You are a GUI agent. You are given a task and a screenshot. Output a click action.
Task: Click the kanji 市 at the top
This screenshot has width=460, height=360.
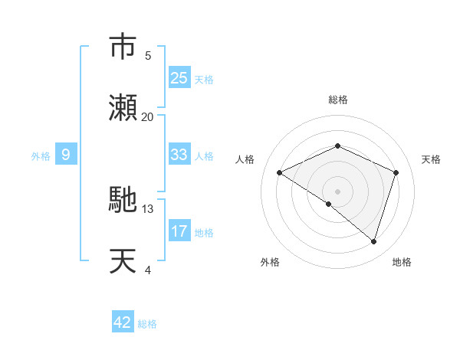[123, 47]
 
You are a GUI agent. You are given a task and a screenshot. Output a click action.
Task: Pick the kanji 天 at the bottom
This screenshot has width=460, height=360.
[123, 261]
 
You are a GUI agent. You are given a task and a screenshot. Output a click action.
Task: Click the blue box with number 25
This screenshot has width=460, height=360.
[179, 78]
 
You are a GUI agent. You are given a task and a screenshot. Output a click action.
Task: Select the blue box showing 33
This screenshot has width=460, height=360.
[179, 155]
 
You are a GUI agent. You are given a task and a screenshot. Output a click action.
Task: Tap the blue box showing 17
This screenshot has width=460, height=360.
[179, 231]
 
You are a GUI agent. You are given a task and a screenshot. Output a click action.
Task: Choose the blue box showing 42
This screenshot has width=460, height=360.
[123, 322]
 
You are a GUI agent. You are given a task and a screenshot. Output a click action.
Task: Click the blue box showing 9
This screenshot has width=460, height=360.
[66, 155]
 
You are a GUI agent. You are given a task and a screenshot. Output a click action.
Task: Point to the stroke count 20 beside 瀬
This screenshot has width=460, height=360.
[148, 116]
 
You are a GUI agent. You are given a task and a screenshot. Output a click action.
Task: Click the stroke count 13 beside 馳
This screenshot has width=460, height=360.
[148, 208]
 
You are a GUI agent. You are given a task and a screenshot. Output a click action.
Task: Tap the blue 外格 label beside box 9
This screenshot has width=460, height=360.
[41, 155]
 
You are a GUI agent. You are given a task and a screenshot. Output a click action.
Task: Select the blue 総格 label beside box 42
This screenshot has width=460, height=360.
[147, 324]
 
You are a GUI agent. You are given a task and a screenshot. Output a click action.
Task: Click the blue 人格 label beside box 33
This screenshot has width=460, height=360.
[204, 155]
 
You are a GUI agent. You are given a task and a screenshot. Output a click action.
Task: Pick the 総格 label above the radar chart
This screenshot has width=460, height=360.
[337, 100]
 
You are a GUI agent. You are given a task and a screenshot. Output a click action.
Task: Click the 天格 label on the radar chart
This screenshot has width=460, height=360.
[431, 159]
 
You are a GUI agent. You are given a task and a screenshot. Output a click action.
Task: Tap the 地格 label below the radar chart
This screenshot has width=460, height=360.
[402, 262]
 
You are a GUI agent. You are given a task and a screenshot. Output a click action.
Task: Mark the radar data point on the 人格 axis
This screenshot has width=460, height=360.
[280, 172]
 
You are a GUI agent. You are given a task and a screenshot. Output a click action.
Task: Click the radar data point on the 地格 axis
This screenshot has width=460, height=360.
[373, 241]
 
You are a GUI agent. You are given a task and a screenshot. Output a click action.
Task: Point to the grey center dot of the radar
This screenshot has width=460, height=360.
[337, 191]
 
